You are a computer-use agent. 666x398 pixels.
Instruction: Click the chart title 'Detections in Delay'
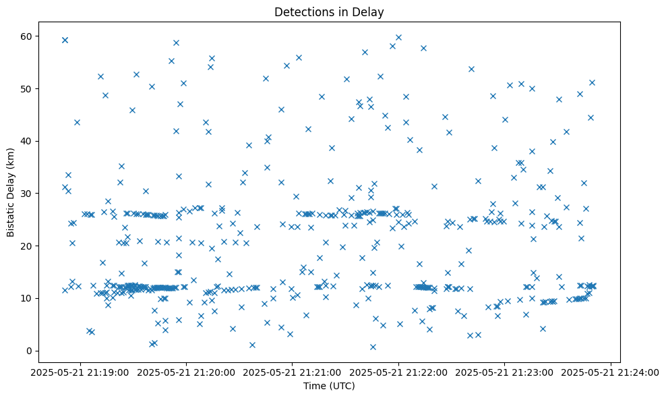point(330,11)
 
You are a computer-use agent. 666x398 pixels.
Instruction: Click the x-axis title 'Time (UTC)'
point(330,387)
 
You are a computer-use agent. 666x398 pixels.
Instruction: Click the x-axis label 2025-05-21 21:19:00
point(80,372)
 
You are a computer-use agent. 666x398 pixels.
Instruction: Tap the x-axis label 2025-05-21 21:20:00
point(186,372)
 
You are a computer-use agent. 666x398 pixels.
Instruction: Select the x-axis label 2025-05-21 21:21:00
point(293,372)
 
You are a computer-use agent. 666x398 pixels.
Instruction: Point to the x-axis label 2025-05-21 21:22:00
point(398,372)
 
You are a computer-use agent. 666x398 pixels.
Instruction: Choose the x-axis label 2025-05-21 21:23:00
point(505,372)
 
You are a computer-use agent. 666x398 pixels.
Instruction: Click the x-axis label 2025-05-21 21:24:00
point(611,372)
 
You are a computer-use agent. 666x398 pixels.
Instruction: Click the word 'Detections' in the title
point(303,11)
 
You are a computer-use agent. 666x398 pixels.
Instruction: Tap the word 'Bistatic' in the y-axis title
point(11,217)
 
